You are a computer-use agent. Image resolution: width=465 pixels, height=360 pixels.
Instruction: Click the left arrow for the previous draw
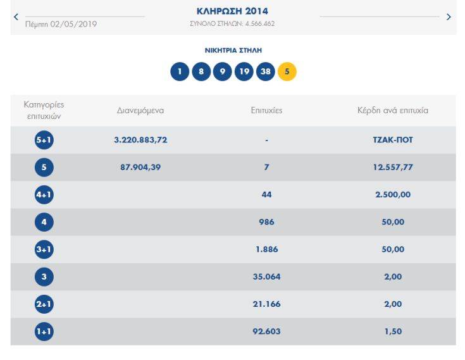[16, 17]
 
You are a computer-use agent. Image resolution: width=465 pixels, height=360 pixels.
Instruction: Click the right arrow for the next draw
[449, 17]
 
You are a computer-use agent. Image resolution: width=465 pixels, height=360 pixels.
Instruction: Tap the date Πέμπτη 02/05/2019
[61, 25]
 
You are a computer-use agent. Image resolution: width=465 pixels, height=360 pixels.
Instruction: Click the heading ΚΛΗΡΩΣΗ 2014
[232, 11]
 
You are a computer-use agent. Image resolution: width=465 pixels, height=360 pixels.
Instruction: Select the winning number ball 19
[244, 71]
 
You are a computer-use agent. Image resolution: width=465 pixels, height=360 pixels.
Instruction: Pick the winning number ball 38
[265, 71]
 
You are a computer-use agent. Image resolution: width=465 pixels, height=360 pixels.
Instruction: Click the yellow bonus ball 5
[287, 71]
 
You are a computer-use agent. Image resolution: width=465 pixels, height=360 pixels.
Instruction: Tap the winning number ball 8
[201, 71]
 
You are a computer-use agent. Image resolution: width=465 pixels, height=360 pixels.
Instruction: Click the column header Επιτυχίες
[266, 111]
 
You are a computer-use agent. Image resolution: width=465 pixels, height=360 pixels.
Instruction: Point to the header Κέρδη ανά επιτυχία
[392, 111]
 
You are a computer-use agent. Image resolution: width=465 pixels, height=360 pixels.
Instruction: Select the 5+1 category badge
[44, 140]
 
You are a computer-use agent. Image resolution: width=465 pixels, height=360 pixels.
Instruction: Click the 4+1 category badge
[44, 195]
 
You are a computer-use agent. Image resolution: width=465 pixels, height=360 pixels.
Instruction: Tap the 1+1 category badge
[44, 332]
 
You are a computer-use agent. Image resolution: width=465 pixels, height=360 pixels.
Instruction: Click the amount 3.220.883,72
[140, 140]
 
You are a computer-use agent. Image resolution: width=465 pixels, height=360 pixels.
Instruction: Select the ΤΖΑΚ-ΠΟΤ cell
[392, 140]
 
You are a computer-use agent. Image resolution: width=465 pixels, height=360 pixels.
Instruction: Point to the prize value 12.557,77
[392, 168]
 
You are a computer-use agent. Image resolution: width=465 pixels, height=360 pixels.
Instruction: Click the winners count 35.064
[266, 276]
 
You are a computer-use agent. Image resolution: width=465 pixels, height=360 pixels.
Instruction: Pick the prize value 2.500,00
[392, 195]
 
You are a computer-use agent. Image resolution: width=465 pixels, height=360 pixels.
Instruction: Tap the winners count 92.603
[266, 332]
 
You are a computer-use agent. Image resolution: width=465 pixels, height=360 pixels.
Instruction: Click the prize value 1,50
[392, 332]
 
